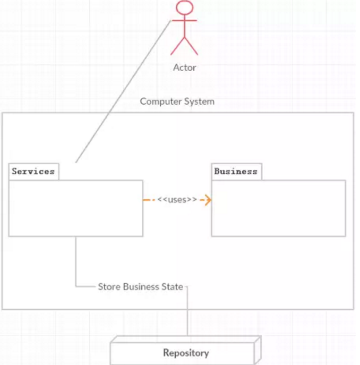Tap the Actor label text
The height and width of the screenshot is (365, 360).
click(184, 67)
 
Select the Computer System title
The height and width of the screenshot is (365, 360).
click(177, 101)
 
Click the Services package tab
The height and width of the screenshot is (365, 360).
click(33, 171)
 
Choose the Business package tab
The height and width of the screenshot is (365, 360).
click(236, 171)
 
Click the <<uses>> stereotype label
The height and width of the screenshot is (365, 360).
click(177, 200)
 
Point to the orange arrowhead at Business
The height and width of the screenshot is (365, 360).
click(208, 200)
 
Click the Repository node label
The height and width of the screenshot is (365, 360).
click(186, 353)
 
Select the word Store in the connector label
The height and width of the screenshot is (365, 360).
click(109, 287)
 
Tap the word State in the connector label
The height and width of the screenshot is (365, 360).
click(172, 287)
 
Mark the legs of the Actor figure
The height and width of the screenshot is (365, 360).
click(184, 46)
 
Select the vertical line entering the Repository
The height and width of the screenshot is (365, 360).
click(187, 319)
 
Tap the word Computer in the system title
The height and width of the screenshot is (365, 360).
click(159, 101)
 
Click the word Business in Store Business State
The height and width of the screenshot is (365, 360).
click(141, 287)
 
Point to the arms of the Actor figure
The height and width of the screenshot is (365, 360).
click(184, 21)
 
